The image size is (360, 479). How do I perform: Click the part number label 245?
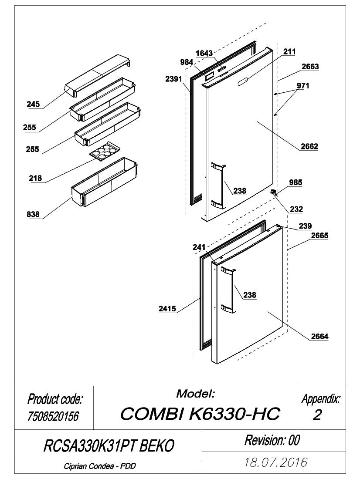[33, 104]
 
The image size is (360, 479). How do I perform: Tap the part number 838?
[33, 214]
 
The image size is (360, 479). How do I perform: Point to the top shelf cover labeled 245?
[97, 76]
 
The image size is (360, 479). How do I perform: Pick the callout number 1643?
[204, 53]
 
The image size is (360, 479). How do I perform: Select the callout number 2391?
[173, 79]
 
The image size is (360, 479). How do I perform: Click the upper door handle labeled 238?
[218, 186]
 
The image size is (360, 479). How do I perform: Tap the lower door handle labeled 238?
[228, 290]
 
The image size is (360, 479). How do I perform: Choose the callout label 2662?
[309, 147]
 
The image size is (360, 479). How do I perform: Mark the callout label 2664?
[319, 336]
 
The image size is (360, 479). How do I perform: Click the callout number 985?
[295, 182]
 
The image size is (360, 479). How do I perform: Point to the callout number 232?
[296, 209]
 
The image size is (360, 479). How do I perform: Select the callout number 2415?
[167, 309]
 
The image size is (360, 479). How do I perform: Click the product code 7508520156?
[53, 416]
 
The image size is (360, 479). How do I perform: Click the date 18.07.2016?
[275, 462]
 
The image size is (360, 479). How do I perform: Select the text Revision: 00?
[272, 440]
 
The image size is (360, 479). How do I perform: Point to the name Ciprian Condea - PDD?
[100, 466]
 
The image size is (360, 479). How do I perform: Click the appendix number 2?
[317, 415]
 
